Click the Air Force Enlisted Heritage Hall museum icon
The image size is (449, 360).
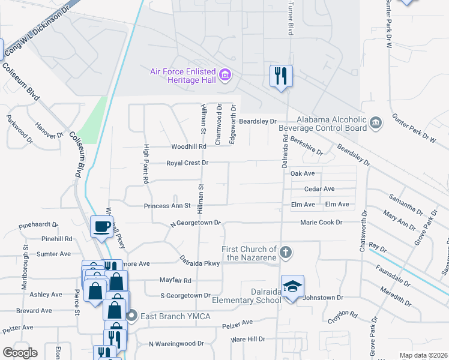225,75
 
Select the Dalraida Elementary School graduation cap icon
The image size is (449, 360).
292,286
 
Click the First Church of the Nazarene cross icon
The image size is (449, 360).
286,253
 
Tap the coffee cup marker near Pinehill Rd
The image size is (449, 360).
100,227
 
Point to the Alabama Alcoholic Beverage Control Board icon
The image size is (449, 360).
376,123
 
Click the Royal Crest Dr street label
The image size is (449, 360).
187,163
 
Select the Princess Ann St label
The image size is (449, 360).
167,206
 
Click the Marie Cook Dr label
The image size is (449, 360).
321,223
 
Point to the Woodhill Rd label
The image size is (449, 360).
188,146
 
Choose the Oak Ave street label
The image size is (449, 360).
303,173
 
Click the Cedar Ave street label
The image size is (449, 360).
319,189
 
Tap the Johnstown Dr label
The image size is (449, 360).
322,298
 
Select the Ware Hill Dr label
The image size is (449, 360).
248,340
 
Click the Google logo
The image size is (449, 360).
20,353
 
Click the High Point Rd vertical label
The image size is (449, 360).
146,164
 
